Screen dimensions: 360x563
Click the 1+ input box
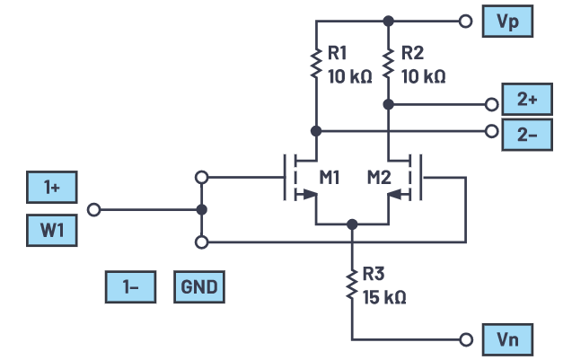click(x=51, y=188)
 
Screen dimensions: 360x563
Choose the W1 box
click(x=51, y=232)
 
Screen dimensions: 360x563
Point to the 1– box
click(x=131, y=287)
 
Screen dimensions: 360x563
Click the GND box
click(x=198, y=287)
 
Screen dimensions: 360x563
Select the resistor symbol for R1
click(x=316, y=63)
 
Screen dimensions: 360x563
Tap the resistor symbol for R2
click(x=388, y=63)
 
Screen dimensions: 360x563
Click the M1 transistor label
click(x=328, y=176)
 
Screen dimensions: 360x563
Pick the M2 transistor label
click(x=379, y=176)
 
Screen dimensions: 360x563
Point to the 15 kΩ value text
click(x=384, y=296)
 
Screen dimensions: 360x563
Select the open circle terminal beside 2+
click(x=490, y=104)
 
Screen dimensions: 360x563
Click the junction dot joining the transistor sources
click(x=352, y=224)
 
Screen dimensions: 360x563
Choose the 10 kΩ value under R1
click(x=350, y=77)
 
